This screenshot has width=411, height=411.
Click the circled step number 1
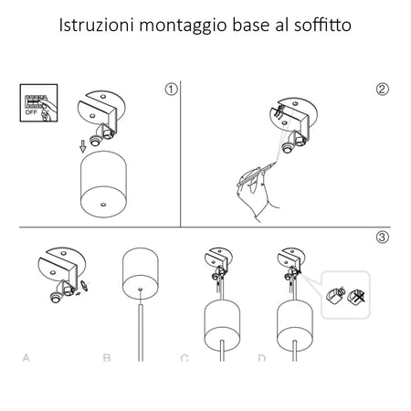click(x=171, y=89)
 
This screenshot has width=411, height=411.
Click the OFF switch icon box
click(x=35, y=102)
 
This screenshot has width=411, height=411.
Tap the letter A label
click(x=26, y=357)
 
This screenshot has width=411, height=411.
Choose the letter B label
click(x=107, y=357)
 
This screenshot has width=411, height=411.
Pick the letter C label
click(x=184, y=357)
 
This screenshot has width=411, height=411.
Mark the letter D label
click(x=262, y=357)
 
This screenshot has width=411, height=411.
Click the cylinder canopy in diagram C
click(x=220, y=322)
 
